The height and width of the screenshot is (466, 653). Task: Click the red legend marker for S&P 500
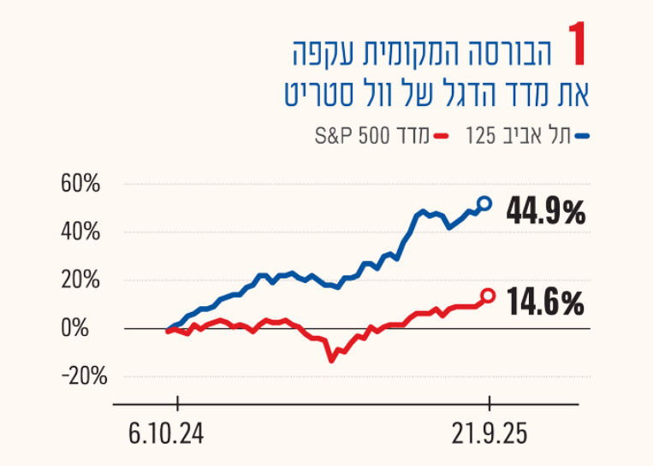(442, 136)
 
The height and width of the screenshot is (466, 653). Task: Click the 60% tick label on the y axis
(80, 184)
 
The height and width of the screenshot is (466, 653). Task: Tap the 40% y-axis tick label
(80, 232)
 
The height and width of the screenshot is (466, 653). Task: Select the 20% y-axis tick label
(80, 280)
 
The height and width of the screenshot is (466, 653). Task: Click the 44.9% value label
(545, 210)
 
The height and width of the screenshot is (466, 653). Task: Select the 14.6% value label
(545, 302)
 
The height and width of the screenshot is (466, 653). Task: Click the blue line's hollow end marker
(484, 204)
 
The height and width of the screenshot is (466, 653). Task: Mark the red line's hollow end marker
(488, 296)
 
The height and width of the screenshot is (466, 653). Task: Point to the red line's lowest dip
(331, 359)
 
